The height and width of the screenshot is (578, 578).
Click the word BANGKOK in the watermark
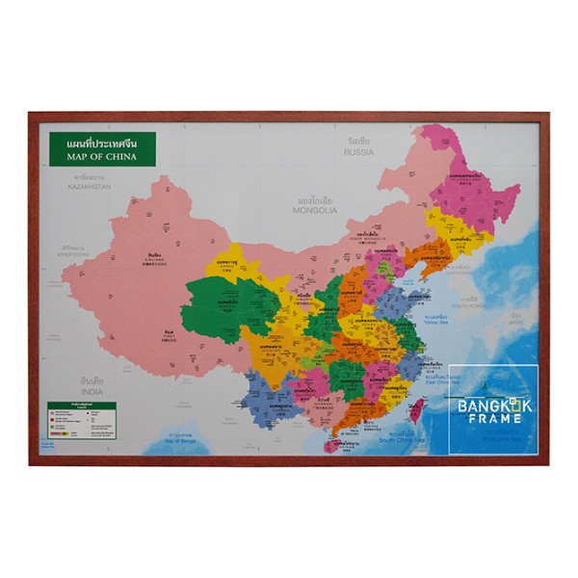(x=494, y=406)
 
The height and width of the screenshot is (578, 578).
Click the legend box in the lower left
(x=82, y=422)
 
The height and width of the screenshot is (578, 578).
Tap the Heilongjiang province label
(x=469, y=178)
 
